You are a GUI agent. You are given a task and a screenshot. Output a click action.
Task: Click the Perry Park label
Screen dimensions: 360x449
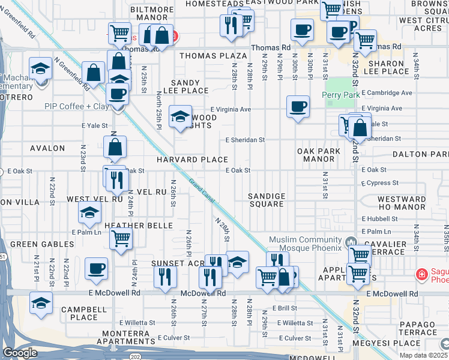tap(340, 95)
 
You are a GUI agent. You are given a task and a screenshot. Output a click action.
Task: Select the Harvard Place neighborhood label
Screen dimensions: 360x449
tap(192, 160)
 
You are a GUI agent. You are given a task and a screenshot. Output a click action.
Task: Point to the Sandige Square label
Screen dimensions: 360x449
tap(267, 200)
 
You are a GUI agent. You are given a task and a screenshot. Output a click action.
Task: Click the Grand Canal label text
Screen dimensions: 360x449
tap(201, 190)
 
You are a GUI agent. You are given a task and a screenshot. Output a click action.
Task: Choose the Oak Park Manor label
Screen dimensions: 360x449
tap(315, 155)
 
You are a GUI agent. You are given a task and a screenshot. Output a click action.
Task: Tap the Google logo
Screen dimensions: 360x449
tap(20, 353)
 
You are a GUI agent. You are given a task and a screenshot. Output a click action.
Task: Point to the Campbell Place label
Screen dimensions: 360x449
tap(79, 313)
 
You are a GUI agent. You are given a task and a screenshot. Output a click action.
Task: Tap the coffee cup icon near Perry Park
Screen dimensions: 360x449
tap(298, 107)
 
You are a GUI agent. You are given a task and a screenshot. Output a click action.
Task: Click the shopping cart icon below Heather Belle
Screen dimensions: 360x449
tap(121, 239)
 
